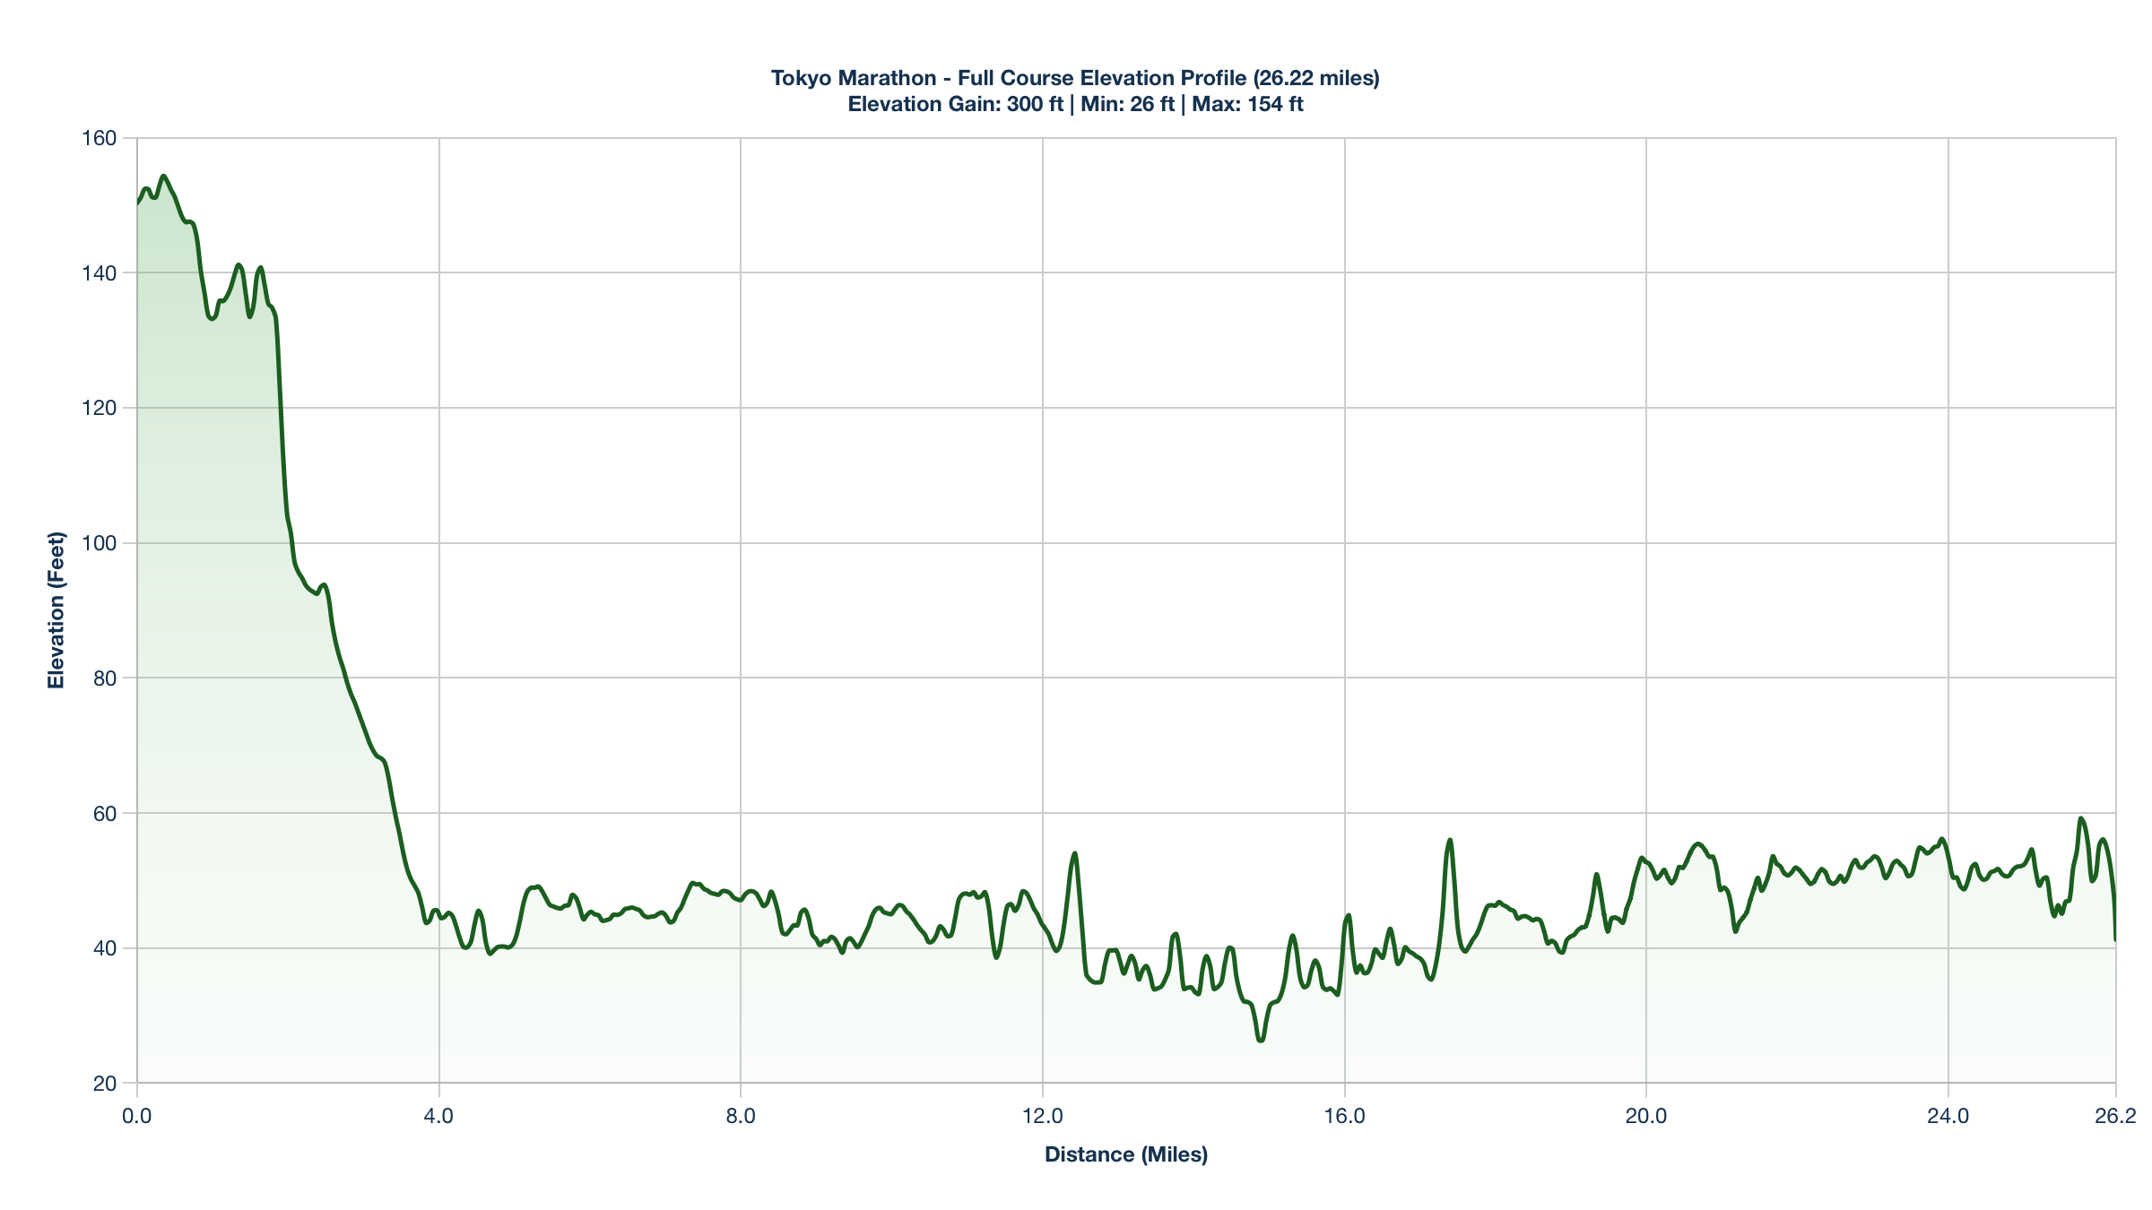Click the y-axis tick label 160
pyautogui.click(x=99, y=138)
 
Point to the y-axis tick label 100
pyautogui.click(x=99, y=543)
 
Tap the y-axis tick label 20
pyautogui.click(x=105, y=1083)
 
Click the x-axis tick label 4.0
pyautogui.click(x=438, y=1116)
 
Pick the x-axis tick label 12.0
pyautogui.click(x=1042, y=1116)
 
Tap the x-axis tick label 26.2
pyautogui.click(x=2114, y=1116)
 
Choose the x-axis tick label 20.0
pyautogui.click(x=1646, y=1116)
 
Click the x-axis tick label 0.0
pyautogui.click(x=137, y=1116)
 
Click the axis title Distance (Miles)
pyautogui.click(x=1126, y=1154)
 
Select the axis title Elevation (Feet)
pyautogui.click(x=56, y=610)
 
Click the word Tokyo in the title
pyautogui.click(x=801, y=78)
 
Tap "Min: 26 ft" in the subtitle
pyautogui.click(x=1127, y=104)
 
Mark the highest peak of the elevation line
pyautogui.click(x=163, y=176)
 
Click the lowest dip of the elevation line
pyautogui.click(x=1261, y=1041)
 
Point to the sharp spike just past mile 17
pyautogui.click(x=1450, y=840)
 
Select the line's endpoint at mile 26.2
pyautogui.click(x=2115, y=939)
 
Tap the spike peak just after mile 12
pyautogui.click(x=1074, y=853)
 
